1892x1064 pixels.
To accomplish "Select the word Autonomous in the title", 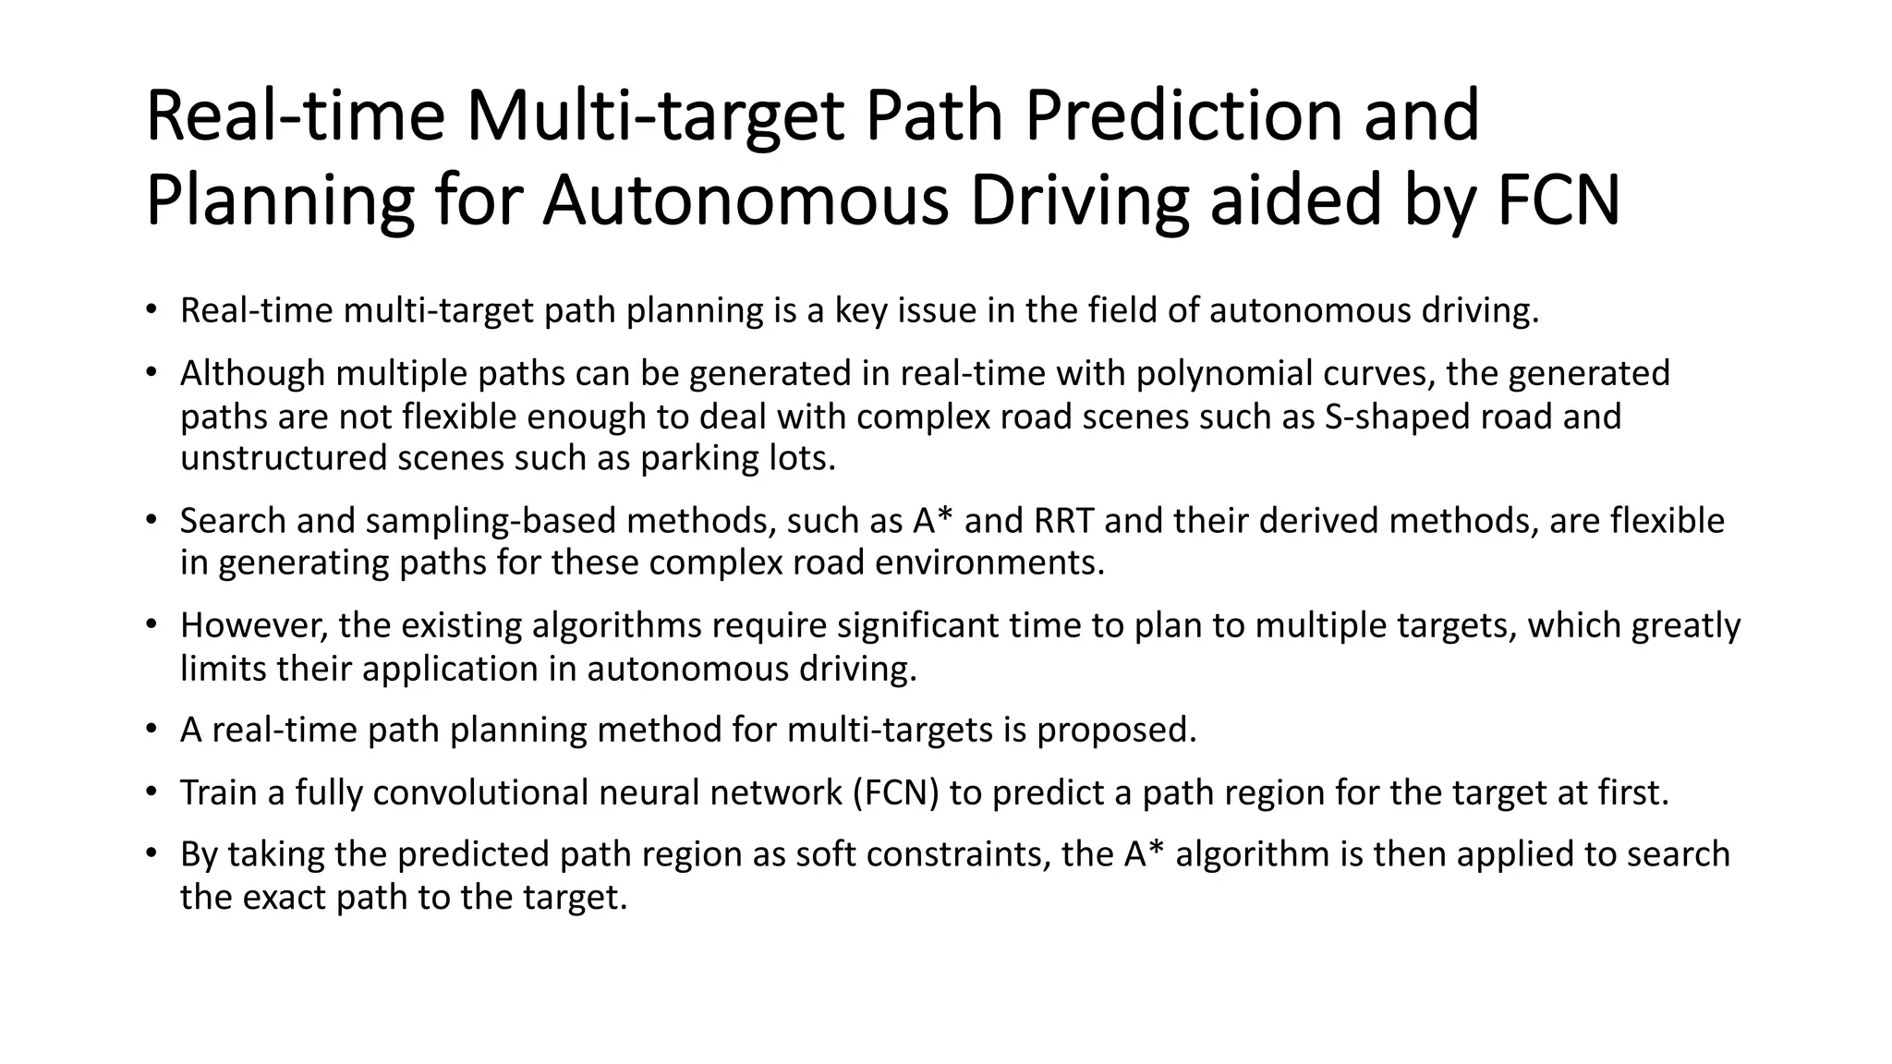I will point(746,199).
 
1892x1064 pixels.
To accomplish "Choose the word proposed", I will point(1116,730).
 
